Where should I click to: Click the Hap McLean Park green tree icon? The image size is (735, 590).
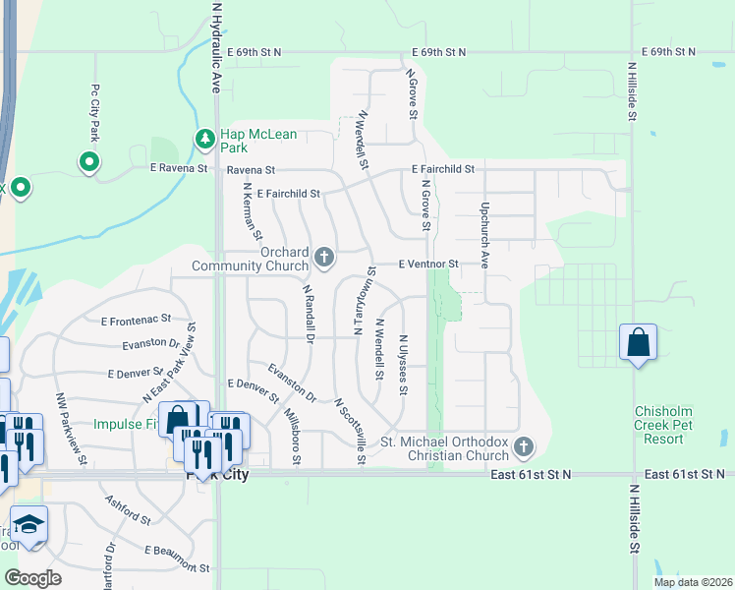[204, 140]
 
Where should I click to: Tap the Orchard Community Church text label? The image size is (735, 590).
[250, 259]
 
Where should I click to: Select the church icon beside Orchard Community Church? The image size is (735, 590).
[324, 259]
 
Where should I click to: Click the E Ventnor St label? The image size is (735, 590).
[428, 265]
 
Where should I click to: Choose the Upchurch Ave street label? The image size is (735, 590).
[484, 236]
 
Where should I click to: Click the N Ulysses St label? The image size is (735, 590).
[402, 365]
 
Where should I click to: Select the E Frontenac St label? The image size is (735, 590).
[136, 320]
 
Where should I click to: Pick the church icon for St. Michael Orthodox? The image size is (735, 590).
[524, 448]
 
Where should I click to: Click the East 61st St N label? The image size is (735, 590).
[530, 475]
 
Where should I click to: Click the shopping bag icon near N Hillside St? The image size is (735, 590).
[639, 343]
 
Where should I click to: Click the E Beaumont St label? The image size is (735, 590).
[177, 560]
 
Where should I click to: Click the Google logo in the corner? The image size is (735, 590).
[32, 578]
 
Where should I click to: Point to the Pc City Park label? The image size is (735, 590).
[95, 111]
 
